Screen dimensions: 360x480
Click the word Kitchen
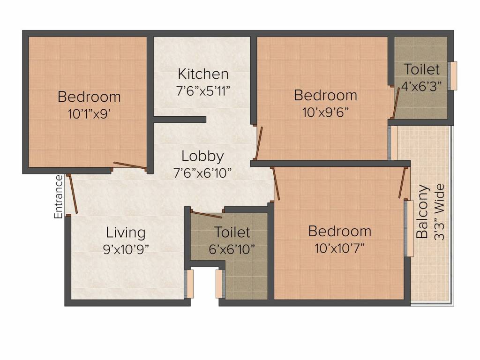tap(203, 74)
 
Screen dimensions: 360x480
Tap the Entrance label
tap(59, 196)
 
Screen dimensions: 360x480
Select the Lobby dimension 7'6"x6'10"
tap(202, 173)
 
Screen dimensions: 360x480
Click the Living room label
tap(126, 232)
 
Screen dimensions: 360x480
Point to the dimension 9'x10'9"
tap(126, 248)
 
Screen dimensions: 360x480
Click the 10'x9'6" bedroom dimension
tap(325, 112)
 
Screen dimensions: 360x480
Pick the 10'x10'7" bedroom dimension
tap(339, 247)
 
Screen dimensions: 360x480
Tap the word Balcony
tap(423, 212)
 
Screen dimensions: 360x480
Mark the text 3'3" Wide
tap(439, 212)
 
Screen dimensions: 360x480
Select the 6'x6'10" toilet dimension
tap(232, 248)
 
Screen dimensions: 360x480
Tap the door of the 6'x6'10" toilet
tap(206, 215)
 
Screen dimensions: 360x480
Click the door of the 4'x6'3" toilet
tap(396, 101)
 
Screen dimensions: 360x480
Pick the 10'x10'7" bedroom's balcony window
tap(409, 229)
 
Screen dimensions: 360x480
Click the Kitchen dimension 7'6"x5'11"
tap(203, 90)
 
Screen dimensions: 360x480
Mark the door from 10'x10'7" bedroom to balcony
tap(402, 182)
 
